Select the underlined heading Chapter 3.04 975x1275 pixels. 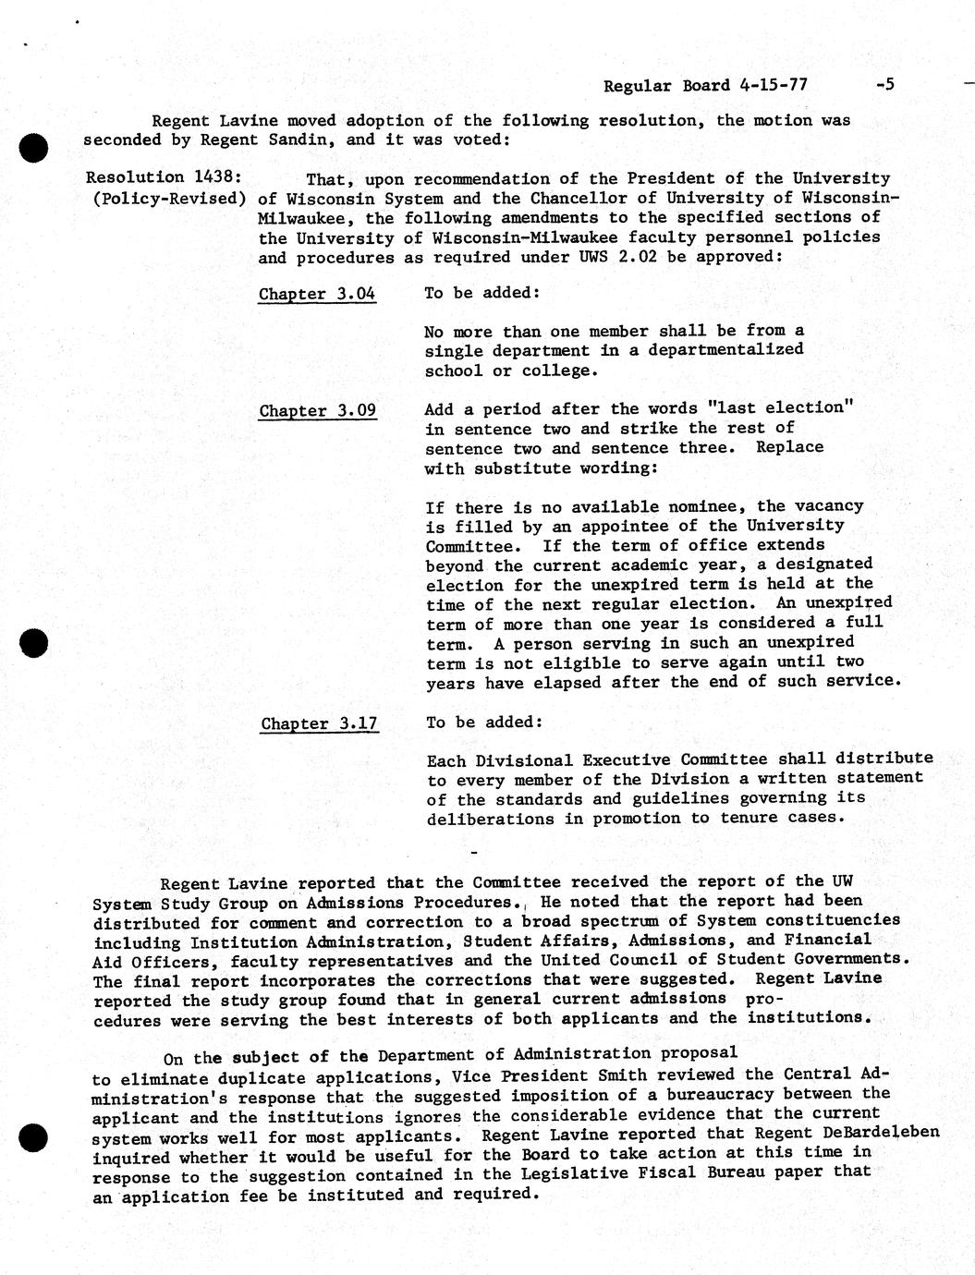tap(317, 294)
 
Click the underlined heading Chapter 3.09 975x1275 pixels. tap(317, 410)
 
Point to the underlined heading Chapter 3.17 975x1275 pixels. tap(319, 723)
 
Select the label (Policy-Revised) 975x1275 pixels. tap(170, 197)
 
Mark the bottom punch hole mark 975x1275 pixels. tap(33, 1137)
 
